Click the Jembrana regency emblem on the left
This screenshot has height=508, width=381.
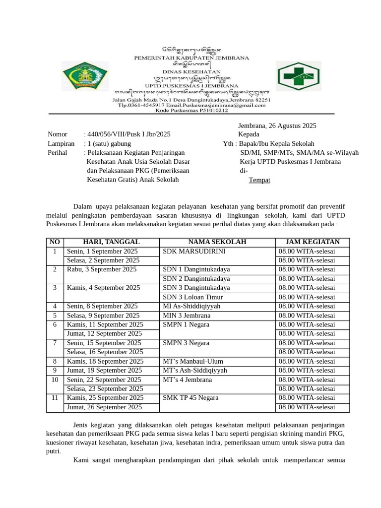click(80, 77)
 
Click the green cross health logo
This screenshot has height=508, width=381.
click(298, 77)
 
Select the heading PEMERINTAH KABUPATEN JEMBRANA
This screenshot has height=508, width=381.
click(192, 58)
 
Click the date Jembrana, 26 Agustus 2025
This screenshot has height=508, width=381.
click(277, 126)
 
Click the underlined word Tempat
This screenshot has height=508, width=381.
click(259, 180)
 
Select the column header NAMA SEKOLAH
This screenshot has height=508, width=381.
click(216, 242)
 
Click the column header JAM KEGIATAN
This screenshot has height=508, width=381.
click(313, 242)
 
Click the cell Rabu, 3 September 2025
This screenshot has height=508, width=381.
click(101, 269)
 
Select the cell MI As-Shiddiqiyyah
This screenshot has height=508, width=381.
click(191, 306)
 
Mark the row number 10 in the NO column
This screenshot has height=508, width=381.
click(55, 380)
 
